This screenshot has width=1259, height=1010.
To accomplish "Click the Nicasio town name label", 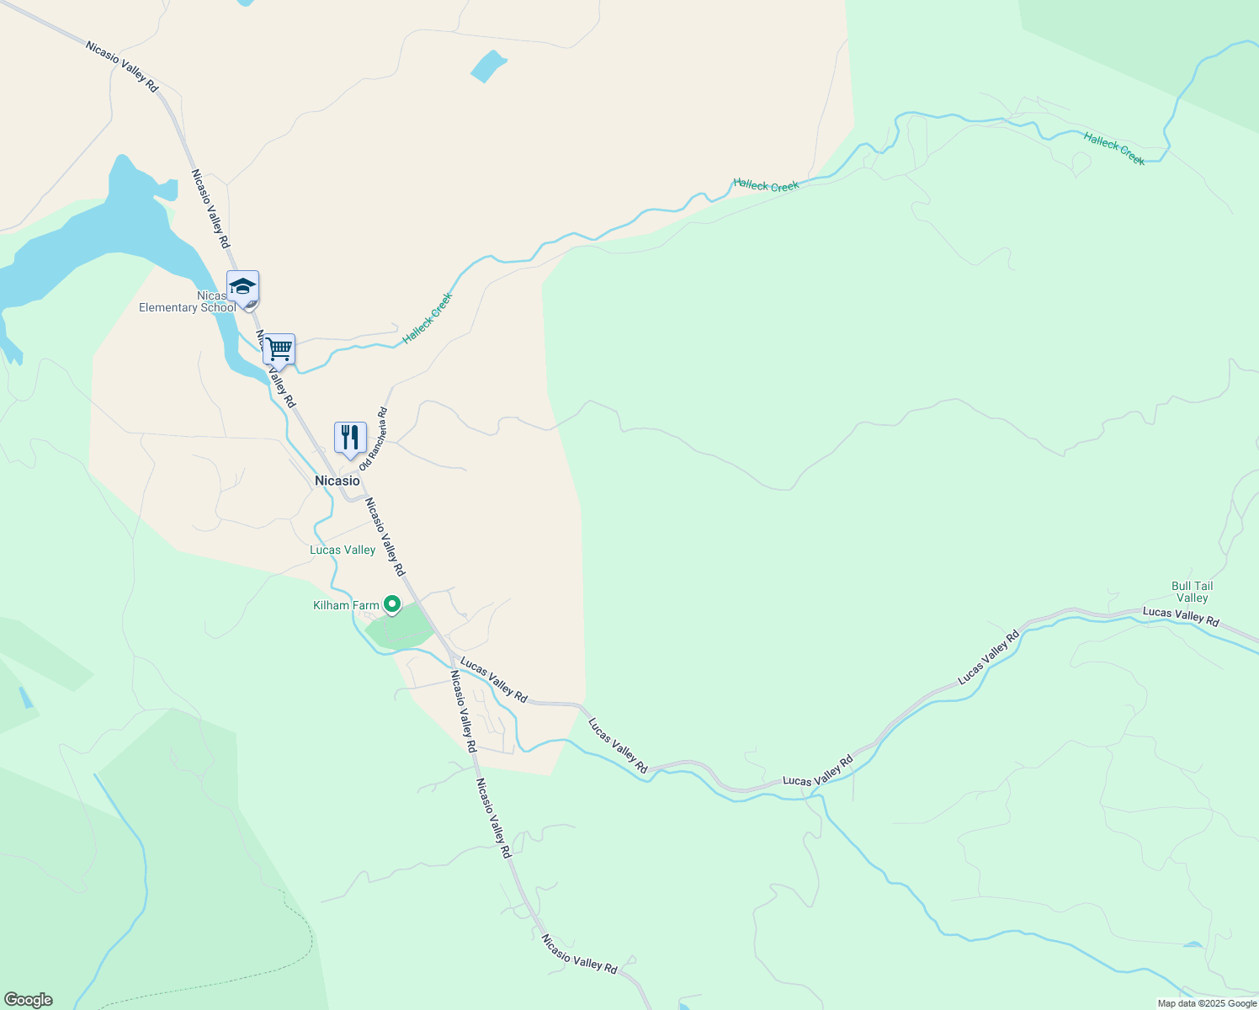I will (337, 481).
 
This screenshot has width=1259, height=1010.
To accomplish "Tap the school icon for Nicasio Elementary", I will (242, 288).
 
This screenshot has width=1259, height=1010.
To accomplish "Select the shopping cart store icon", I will (279, 348).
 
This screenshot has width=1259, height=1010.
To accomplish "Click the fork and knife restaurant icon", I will (350, 437).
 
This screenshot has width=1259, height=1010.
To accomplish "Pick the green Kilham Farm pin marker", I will (391, 604).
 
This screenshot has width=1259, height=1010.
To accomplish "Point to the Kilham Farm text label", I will (346, 605).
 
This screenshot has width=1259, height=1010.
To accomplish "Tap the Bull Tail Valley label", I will (1192, 592).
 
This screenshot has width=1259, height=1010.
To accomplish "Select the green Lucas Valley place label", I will (343, 550).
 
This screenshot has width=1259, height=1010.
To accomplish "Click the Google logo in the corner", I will (28, 1000).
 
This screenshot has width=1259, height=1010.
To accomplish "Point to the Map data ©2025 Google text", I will (1206, 1003).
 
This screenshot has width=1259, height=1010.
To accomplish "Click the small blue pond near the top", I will (488, 66).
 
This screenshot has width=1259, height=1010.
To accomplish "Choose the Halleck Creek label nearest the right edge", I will (1114, 148).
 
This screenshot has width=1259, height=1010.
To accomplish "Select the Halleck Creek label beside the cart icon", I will (428, 317).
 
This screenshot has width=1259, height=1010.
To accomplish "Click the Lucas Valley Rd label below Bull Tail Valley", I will (1180, 616).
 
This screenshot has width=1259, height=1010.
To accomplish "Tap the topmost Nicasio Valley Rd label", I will (122, 66).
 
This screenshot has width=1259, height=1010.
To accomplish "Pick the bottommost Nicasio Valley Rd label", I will (579, 954).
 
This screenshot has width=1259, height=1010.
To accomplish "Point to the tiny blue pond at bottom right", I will (1193, 944).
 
